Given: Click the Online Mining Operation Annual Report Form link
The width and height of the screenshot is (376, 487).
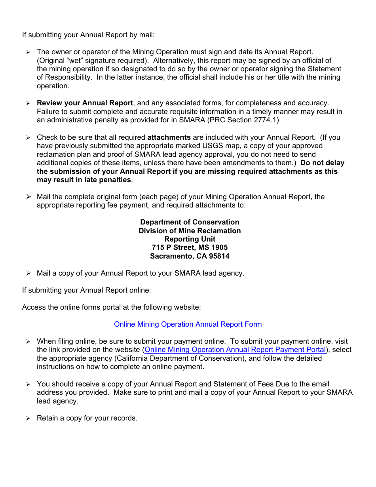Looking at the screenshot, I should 188,324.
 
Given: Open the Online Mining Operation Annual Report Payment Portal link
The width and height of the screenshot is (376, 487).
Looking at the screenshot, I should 235,350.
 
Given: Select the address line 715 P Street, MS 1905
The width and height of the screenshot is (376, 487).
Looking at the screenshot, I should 190,247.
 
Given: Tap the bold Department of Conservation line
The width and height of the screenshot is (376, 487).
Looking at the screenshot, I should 190,222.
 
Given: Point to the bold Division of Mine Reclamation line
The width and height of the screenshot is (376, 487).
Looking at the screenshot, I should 190,231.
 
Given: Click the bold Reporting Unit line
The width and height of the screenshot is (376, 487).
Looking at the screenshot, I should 190,239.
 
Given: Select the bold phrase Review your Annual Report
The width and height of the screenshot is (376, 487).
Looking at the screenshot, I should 85,103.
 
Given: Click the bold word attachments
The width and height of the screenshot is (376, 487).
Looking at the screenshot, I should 169,138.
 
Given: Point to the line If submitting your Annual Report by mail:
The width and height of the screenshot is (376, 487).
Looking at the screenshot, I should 88,35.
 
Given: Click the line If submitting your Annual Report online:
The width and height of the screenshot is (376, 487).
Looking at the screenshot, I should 86,290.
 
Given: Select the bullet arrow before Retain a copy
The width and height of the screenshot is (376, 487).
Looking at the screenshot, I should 28,419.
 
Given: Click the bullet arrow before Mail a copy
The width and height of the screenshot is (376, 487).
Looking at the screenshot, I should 28,273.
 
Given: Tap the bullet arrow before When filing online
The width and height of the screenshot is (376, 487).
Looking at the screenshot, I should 28,341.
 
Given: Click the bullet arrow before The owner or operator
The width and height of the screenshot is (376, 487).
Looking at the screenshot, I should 28,52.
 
